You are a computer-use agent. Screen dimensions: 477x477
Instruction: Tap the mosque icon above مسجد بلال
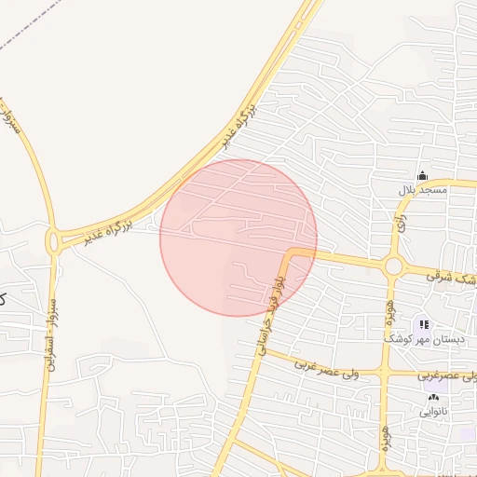pos(422,175)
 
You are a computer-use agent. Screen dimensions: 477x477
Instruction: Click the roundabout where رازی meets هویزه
pos(393,267)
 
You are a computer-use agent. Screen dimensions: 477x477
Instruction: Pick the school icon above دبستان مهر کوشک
pos(424,324)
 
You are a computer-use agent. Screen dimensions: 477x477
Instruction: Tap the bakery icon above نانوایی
pos(433,398)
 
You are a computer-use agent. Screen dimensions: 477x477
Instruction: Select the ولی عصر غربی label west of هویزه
pos(321,367)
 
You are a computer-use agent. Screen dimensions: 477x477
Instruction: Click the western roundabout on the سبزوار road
pos(55,241)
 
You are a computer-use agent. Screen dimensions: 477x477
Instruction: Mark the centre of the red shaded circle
pos(238,238)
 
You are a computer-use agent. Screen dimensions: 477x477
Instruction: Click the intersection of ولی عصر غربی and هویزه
pos(383,373)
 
